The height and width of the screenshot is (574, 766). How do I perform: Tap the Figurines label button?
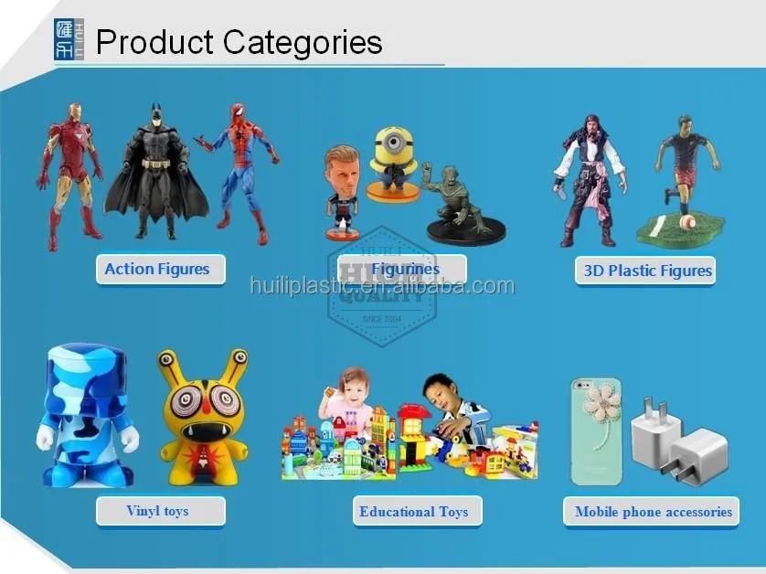click(x=402, y=270)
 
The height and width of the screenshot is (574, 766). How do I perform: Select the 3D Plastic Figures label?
click(x=646, y=271)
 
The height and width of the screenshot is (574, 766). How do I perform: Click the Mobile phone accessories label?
click(x=652, y=512)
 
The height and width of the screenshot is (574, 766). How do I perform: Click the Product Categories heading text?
click(x=239, y=42)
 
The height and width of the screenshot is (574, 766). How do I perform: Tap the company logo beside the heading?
click(x=69, y=40)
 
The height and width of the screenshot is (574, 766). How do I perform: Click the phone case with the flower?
click(x=596, y=430)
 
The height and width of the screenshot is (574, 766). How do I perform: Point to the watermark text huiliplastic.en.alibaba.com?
click(x=382, y=286)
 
